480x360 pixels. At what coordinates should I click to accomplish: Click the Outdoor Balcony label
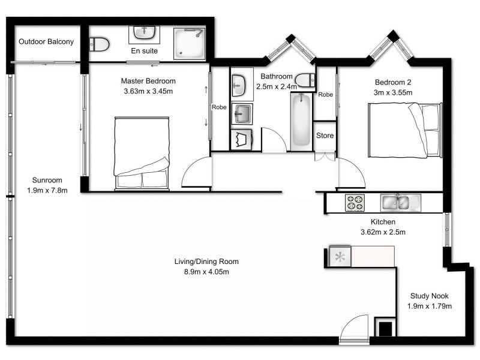click(x=46, y=42)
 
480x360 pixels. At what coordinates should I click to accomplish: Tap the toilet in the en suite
click(x=98, y=43)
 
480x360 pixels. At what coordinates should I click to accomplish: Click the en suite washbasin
click(x=143, y=32)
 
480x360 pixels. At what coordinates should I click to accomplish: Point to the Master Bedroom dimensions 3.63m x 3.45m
click(x=148, y=92)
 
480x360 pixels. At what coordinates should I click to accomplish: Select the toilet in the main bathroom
click(x=306, y=79)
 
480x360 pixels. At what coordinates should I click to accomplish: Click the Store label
click(x=325, y=136)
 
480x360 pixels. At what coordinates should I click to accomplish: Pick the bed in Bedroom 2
click(x=405, y=129)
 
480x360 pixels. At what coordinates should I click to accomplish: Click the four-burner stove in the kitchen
click(x=353, y=203)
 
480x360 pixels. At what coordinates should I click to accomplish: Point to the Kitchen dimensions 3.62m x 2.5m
click(x=383, y=232)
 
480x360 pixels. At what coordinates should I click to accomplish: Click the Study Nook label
click(x=429, y=296)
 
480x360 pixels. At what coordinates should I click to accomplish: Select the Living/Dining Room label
click(x=206, y=262)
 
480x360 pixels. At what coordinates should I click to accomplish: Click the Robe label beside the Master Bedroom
click(x=219, y=107)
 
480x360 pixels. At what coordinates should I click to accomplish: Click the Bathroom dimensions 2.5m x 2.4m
click(x=276, y=86)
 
